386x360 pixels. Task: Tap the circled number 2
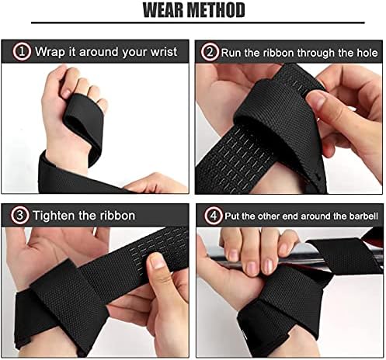click(x=209, y=52)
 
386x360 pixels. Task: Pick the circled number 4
click(x=210, y=215)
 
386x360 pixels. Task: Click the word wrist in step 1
click(x=160, y=53)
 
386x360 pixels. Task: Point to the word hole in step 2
click(x=367, y=53)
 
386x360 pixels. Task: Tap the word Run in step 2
click(x=231, y=53)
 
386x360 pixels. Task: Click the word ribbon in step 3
click(x=117, y=215)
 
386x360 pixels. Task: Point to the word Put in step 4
click(x=231, y=215)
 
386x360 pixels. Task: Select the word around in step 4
click(x=305, y=215)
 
